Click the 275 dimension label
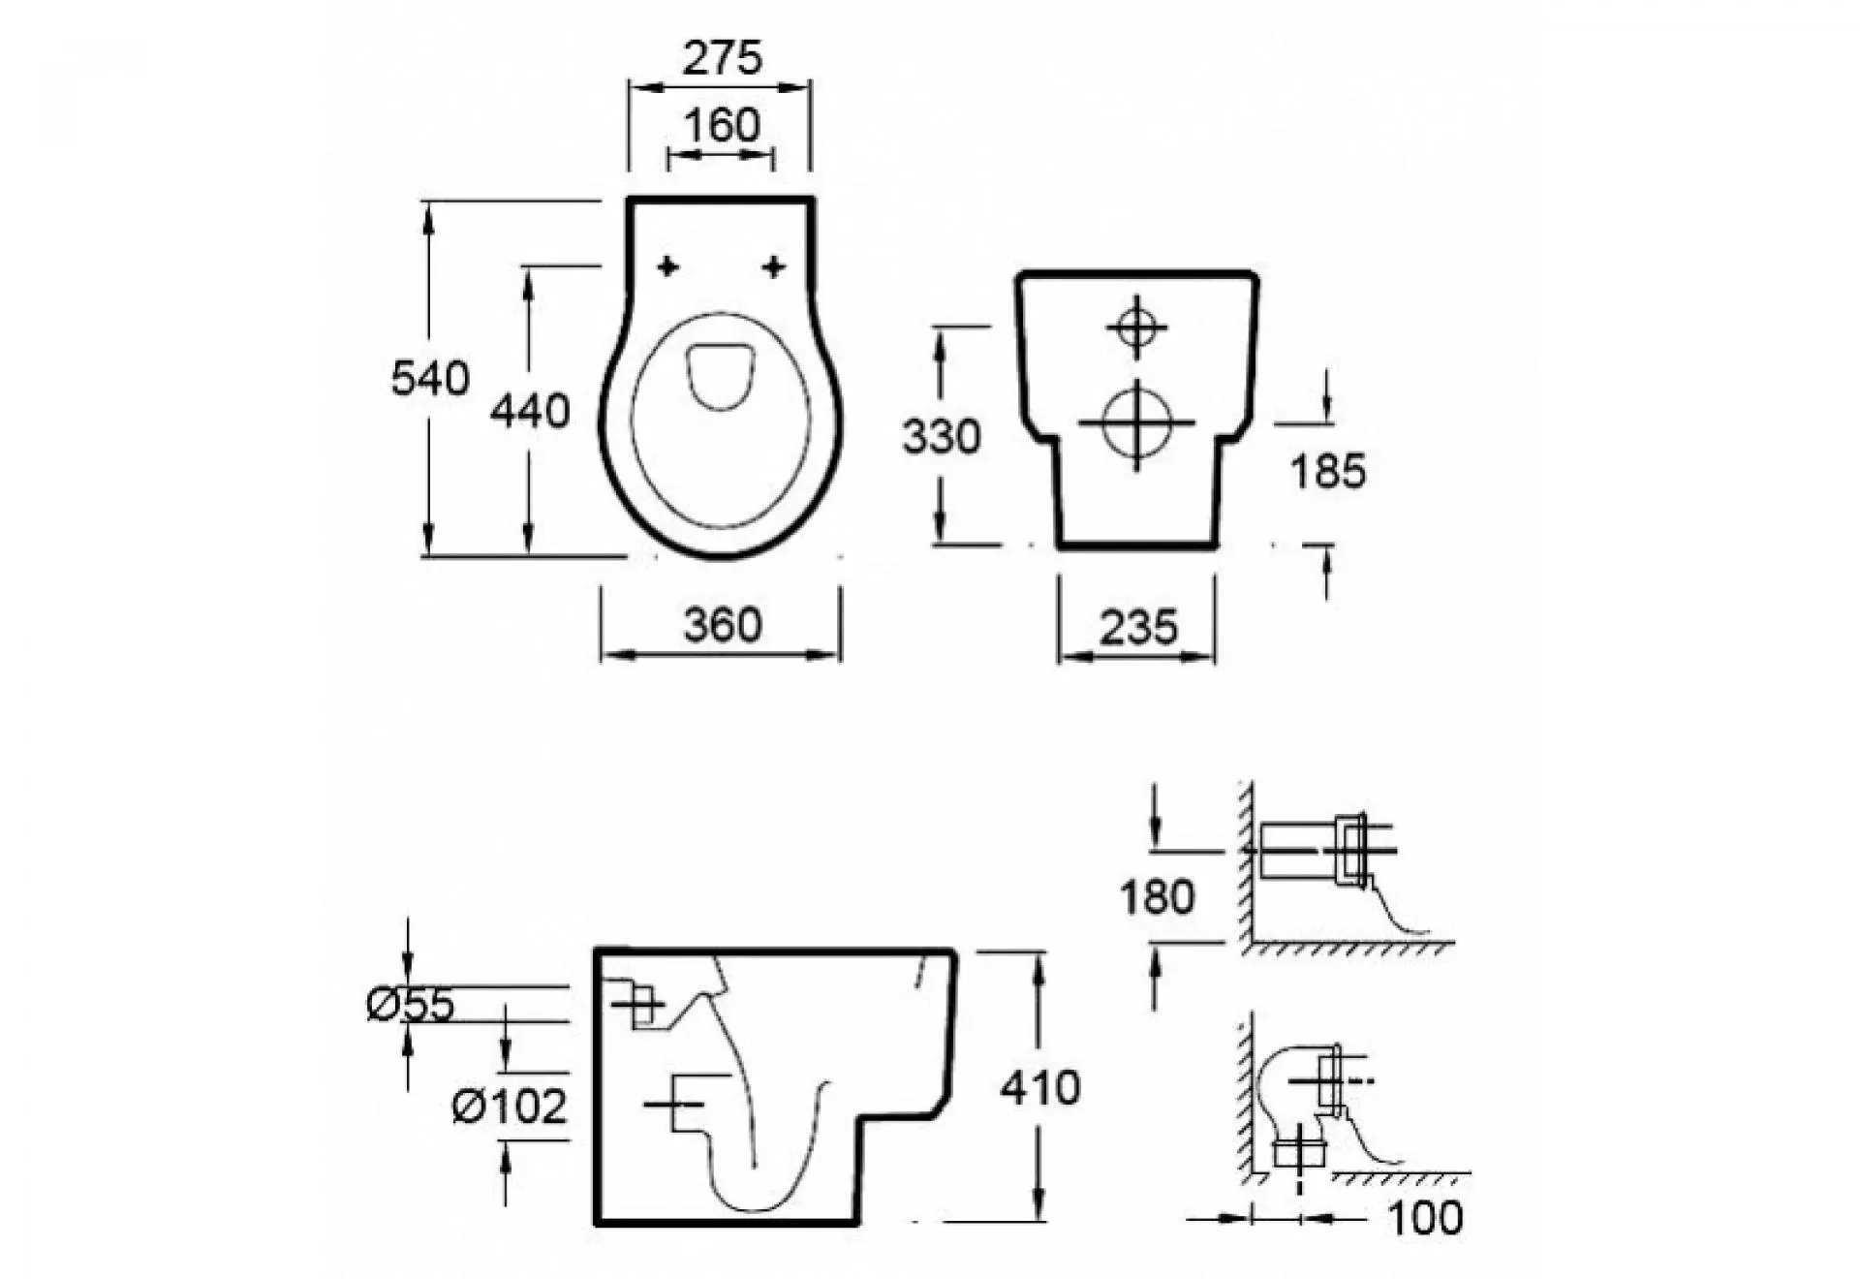pos(722,58)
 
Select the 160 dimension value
pos(722,126)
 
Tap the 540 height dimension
pos(430,378)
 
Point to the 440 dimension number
pos(529,412)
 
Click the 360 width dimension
pos(723,625)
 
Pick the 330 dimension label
pos(941,437)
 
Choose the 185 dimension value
pos(1327,472)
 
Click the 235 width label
pos(1138,628)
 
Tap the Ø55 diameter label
pos(411,1005)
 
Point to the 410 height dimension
pos(1039,1088)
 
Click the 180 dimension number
pos(1157,897)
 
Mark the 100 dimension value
pos(1425,1218)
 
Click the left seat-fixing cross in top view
pos(667,266)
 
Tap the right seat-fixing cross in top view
pos(773,266)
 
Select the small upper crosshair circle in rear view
pos(1136,328)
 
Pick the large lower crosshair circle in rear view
pos(1136,422)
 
